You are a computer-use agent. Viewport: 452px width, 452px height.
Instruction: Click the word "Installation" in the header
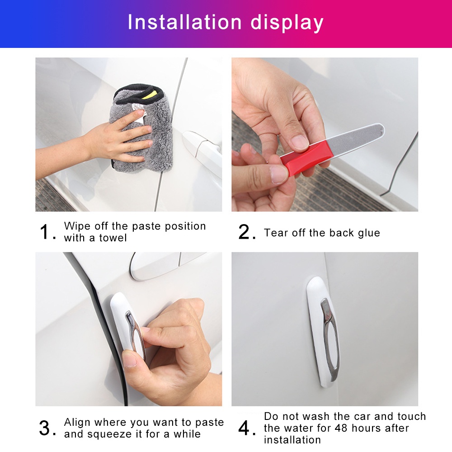(x=185, y=22)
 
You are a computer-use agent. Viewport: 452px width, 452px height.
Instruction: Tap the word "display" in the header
(x=287, y=23)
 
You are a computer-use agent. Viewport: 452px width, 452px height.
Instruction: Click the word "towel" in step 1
(x=113, y=238)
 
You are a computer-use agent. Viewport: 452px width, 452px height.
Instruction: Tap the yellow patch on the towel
(x=150, y=95)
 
